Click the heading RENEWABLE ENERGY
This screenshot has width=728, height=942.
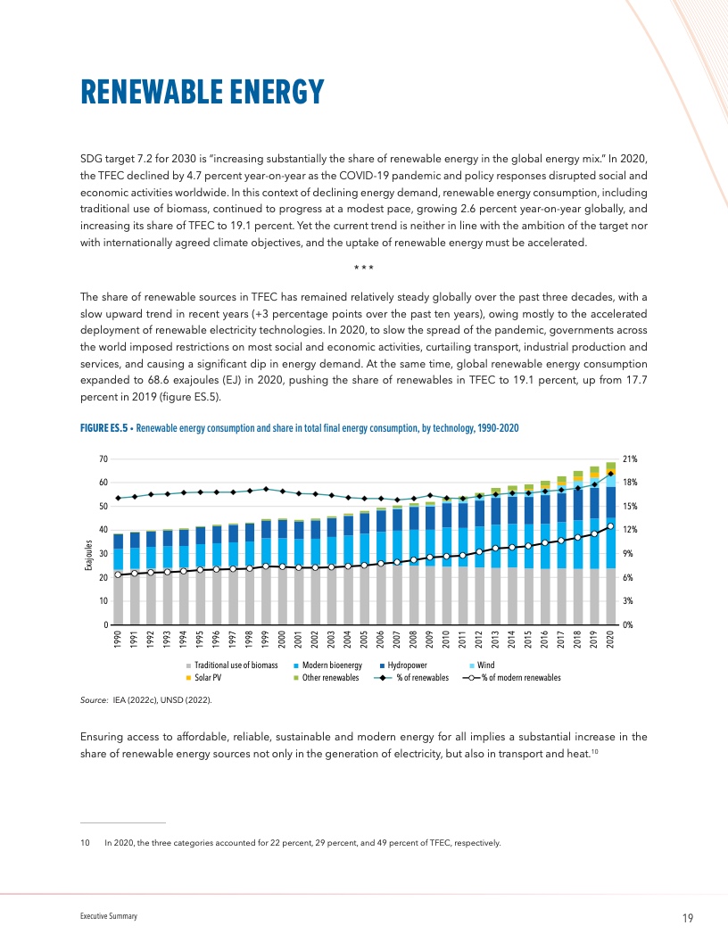(201, 91)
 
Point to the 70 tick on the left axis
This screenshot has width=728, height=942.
(103, 459)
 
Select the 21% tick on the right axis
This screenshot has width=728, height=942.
(629, 459)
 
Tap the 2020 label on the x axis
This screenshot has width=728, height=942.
(611, 640)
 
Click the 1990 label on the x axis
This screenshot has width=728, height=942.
(119, 640)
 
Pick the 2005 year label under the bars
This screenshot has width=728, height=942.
(365, 640)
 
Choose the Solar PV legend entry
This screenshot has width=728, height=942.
(209, 678)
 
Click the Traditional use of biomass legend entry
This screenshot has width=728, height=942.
(233, 665)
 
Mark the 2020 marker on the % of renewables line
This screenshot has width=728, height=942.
(610, 474)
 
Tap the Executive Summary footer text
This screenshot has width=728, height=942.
(105, 917)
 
